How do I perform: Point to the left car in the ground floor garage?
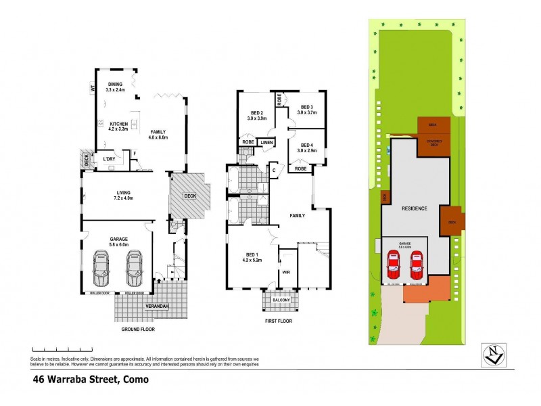[103, 269]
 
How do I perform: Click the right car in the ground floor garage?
[135, 269]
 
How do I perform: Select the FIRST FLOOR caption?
[278, 321]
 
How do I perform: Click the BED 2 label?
[256, 114]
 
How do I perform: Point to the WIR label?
[287, 273]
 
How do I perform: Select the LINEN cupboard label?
[266, 143]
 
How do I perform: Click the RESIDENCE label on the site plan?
[415, 208]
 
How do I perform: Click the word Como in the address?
[135, 380]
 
